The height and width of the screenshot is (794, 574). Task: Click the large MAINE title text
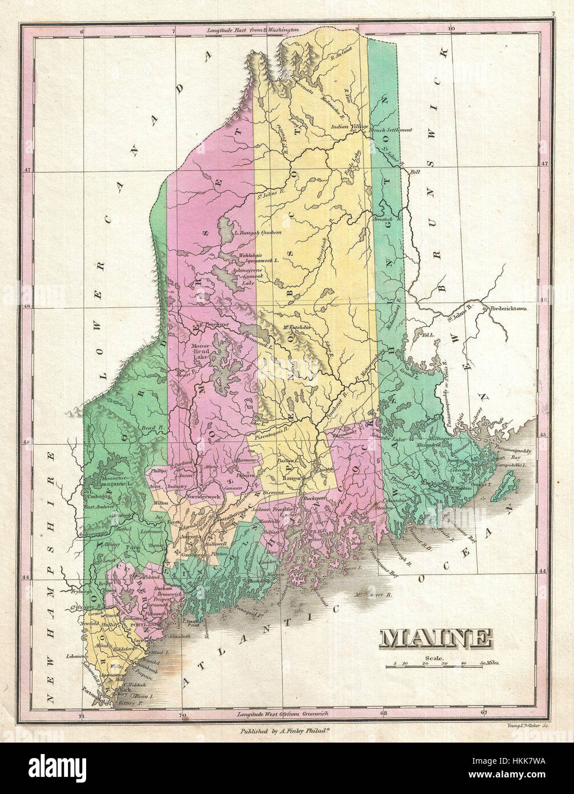coord(436,638)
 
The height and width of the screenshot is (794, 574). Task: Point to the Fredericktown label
coord(508,308)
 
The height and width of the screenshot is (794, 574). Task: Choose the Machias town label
coord(429,484)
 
